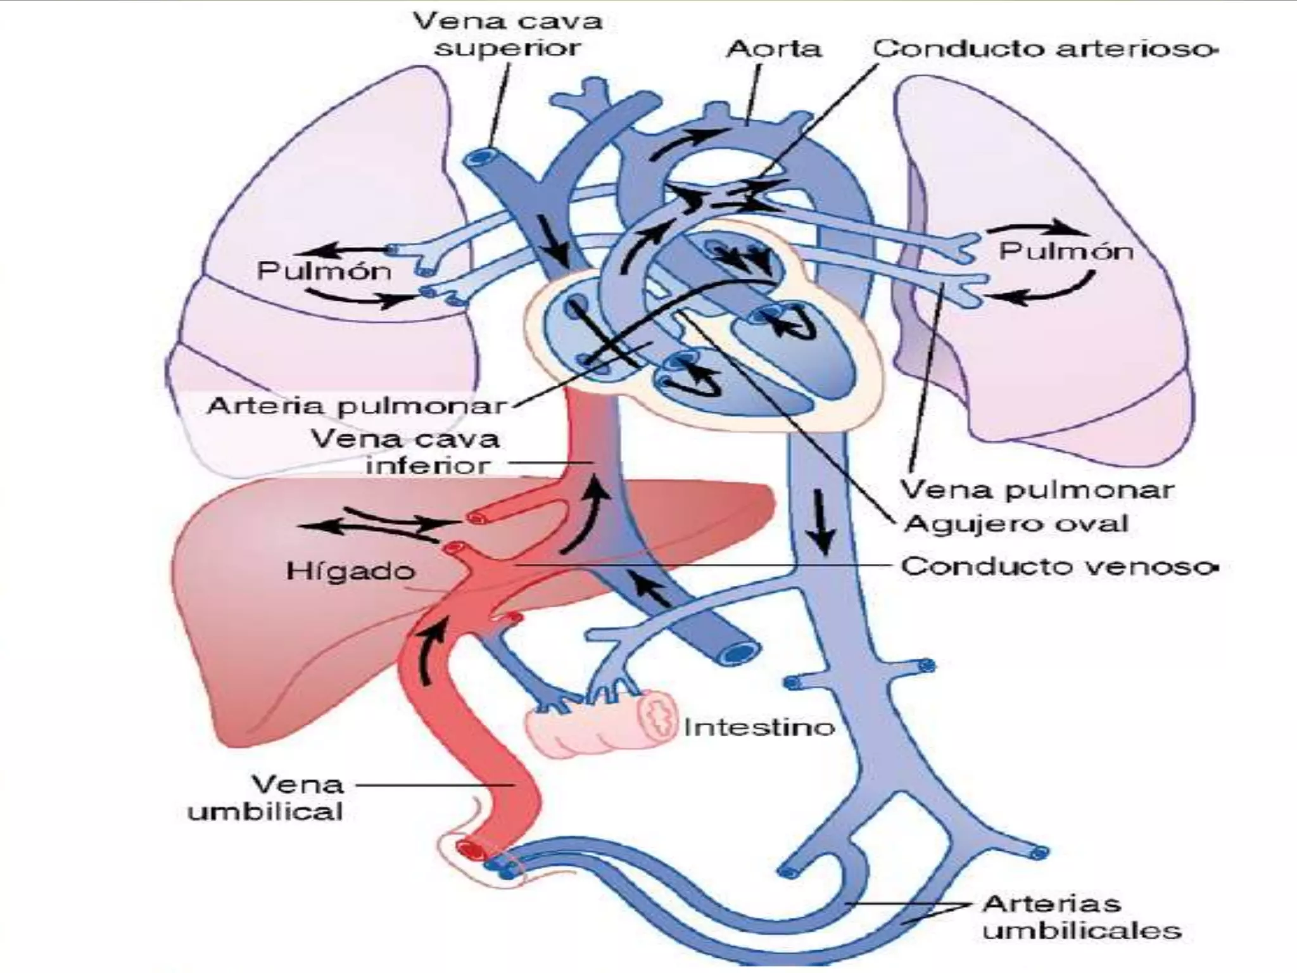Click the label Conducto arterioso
(1045, 49)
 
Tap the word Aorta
(773, 49)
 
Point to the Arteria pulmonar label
(358, 406)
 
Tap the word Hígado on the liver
(350, 571)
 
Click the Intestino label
(759, 727)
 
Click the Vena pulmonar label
(1037, 490)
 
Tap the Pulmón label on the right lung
(1066, 251)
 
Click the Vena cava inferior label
(405, 452)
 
